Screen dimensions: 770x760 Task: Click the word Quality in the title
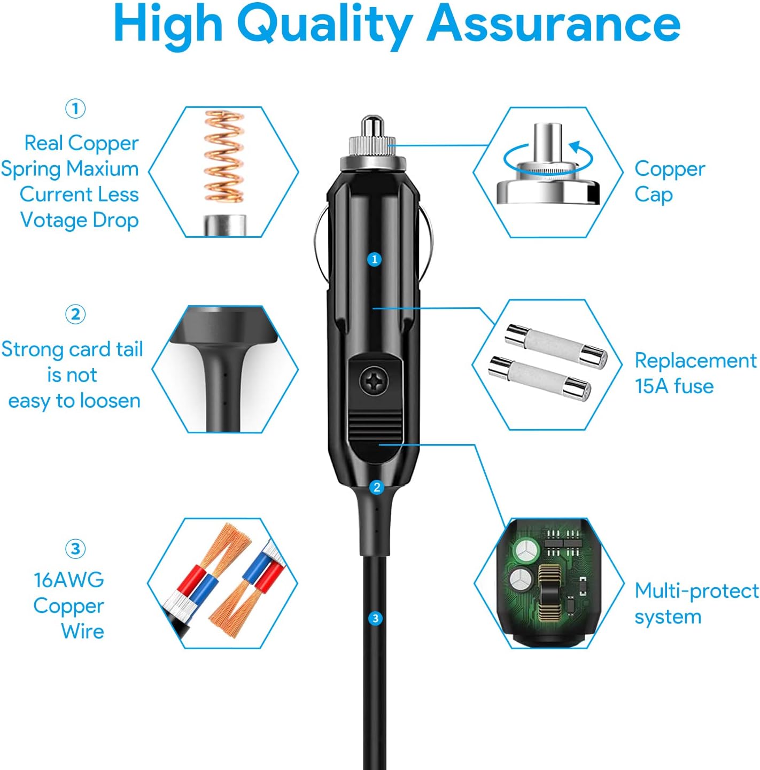(x=324, y=24)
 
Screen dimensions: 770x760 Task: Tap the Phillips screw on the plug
(x=374, y=381)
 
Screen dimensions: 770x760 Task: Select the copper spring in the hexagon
(x=224, y=157)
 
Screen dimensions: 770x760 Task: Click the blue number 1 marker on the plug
(x=375, y=259)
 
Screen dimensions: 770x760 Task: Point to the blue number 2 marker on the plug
(x=377, y=487)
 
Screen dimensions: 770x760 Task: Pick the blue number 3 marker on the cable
(x=375, y=618)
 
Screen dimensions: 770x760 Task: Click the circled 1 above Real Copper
(x=75, y=108)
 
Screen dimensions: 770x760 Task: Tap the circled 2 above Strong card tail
(x=75, y=314)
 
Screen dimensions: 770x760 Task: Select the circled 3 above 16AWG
(x=75, y=549)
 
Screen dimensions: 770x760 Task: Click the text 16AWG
(x=69, y=580)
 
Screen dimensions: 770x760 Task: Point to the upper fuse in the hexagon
(x=556, y=346)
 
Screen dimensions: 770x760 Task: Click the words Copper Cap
(x=669, y=182)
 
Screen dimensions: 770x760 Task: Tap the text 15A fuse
(x=674, y=386)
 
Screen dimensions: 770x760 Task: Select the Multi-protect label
(x=696, y=591)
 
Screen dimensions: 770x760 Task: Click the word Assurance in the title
(x=553, y=24)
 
